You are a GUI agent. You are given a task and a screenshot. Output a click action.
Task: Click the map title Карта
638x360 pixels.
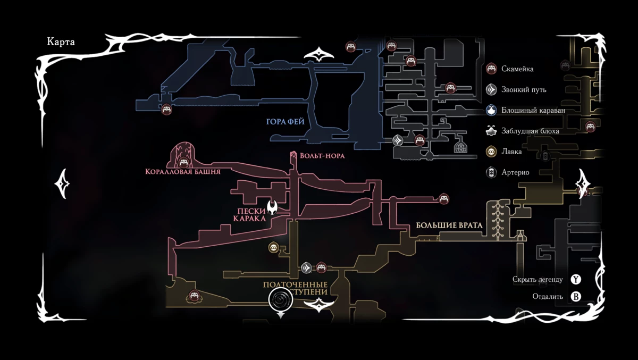(61, 43)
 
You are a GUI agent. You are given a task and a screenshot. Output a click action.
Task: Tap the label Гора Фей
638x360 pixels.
(285, 122)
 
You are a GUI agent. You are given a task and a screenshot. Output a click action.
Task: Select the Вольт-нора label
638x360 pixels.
(322, 156)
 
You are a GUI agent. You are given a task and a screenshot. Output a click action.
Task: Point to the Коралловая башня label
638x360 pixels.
(182, 172)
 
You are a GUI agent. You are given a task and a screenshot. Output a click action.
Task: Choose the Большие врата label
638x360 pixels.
(449, 225)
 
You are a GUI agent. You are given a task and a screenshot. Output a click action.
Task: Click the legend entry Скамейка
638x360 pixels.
(517, 69)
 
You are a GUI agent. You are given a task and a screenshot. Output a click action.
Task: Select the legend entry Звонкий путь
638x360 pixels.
(523, 89)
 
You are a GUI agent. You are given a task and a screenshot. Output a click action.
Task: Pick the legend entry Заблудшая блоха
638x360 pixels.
(530, 131)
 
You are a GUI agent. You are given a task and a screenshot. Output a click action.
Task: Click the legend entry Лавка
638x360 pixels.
(511, 152)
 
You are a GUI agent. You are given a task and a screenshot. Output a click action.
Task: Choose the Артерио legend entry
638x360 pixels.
(515, 172)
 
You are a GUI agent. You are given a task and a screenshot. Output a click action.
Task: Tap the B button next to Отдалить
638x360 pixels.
(576, 296)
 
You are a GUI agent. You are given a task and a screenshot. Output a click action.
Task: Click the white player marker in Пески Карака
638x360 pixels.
(273, 207)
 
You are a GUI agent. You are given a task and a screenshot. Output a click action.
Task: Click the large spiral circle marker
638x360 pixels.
(281, 300)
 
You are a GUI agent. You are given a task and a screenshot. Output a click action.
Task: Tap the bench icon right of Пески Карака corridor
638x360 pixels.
(443, 198)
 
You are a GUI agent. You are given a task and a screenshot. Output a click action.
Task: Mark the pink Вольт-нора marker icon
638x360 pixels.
(293, 156)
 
